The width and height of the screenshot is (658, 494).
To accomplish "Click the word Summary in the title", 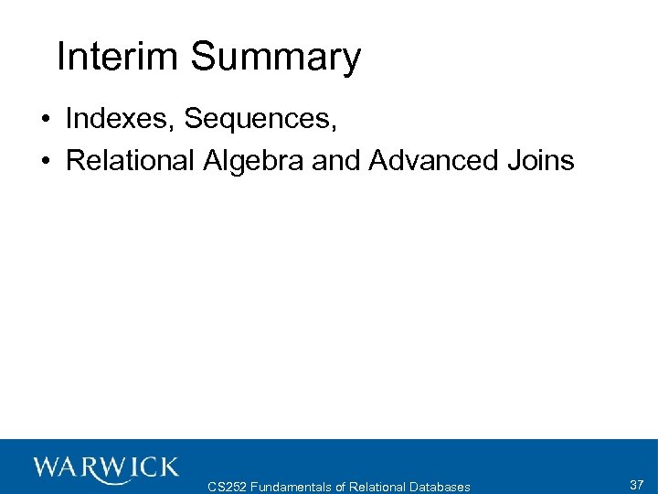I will point(276,59).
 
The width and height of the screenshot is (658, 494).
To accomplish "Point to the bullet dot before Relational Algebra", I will point(45,162).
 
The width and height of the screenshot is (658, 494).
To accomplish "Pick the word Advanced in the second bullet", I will point(428,161).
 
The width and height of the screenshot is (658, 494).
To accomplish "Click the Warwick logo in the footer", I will point(106,468).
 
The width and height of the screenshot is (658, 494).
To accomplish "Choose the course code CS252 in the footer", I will point(228,487).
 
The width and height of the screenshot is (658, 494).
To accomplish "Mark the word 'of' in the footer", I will point(340,487).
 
